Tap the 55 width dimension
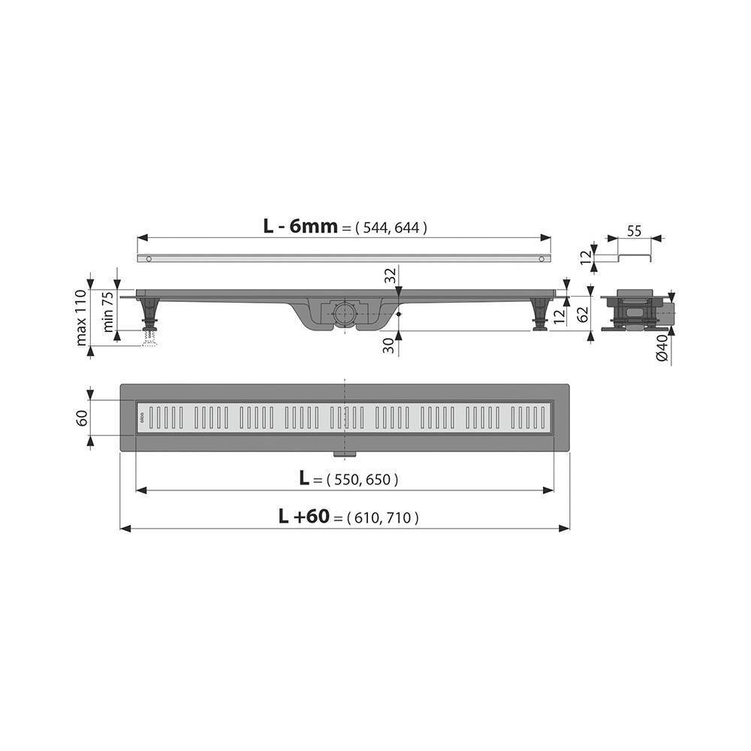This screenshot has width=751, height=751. [634, 231]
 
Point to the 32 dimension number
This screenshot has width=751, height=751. [389, 276]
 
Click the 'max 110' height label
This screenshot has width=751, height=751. [81, 317]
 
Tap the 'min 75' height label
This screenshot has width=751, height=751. [108, 311]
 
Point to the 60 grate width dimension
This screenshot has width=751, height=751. [81, 417]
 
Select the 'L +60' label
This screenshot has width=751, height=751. [304, 516]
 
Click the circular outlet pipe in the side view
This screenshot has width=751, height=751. [345, 312]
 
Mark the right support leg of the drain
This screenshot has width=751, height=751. [538, 314]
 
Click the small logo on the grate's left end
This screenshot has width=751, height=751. [142, 418]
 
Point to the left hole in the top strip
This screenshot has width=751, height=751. [150, 259]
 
